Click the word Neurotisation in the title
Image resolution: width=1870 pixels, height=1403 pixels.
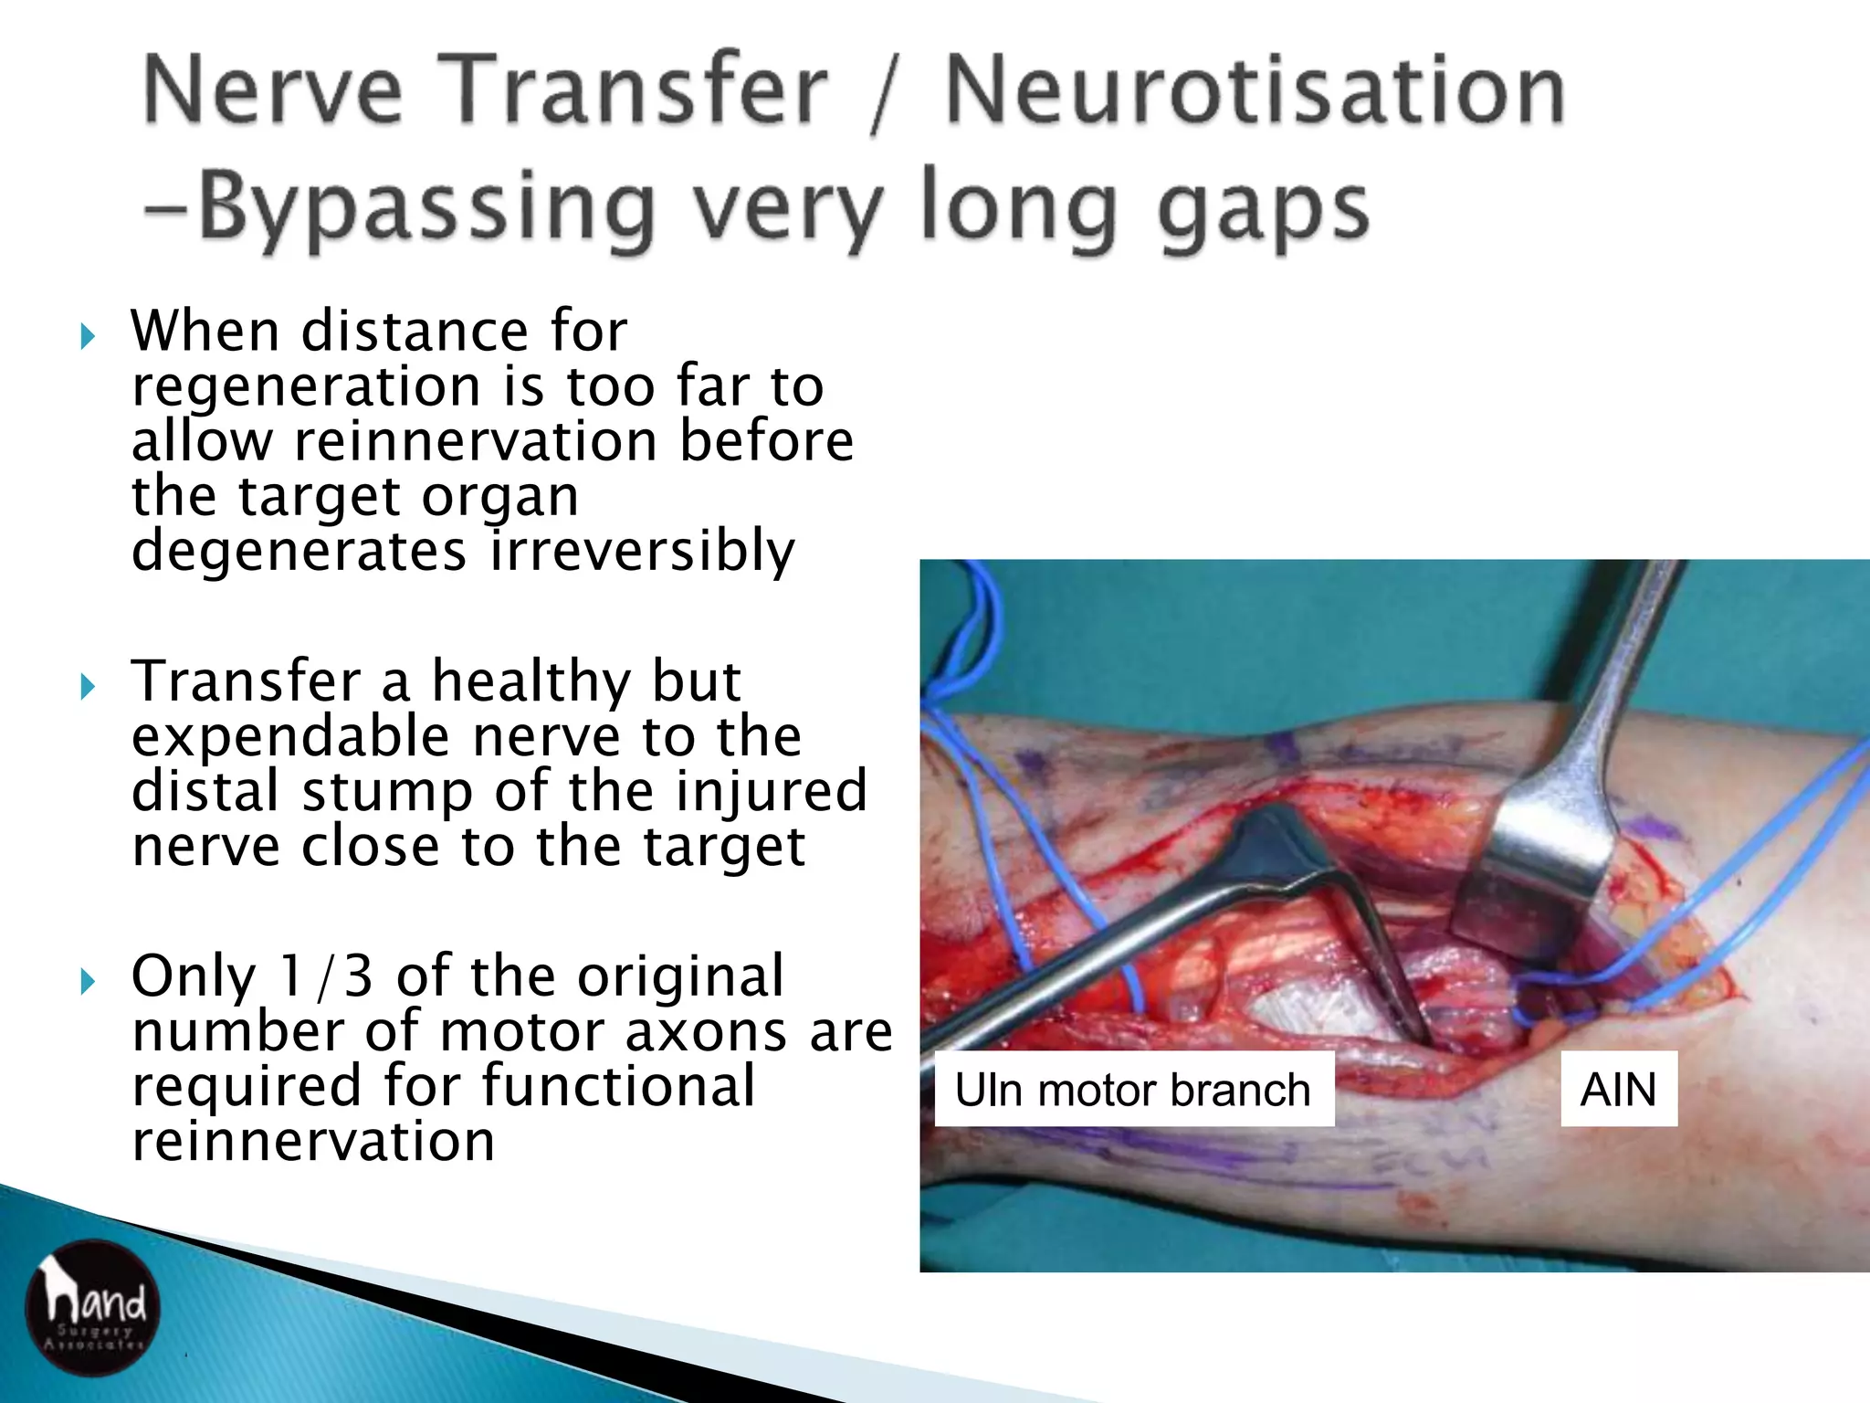tap(1255, 91)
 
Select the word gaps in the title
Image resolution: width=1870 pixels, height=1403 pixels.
tap(1263, 212)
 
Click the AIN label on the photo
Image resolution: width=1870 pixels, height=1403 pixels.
tap(1618, 1089)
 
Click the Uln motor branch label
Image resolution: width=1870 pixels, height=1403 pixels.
tap(1133, 1089)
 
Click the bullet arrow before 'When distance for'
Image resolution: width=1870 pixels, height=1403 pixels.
tap(88, 337)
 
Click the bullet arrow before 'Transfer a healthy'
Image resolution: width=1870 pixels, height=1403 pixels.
tap(88, 686)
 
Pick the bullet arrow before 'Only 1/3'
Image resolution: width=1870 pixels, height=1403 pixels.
tap(88, 982)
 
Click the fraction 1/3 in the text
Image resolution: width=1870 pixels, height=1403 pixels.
tap(326, 976)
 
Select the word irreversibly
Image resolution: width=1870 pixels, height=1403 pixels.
tap(642, 552)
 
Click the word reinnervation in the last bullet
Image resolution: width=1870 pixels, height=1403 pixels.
tap(313, 1142)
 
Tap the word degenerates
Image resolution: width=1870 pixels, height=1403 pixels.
tap(299, 552)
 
